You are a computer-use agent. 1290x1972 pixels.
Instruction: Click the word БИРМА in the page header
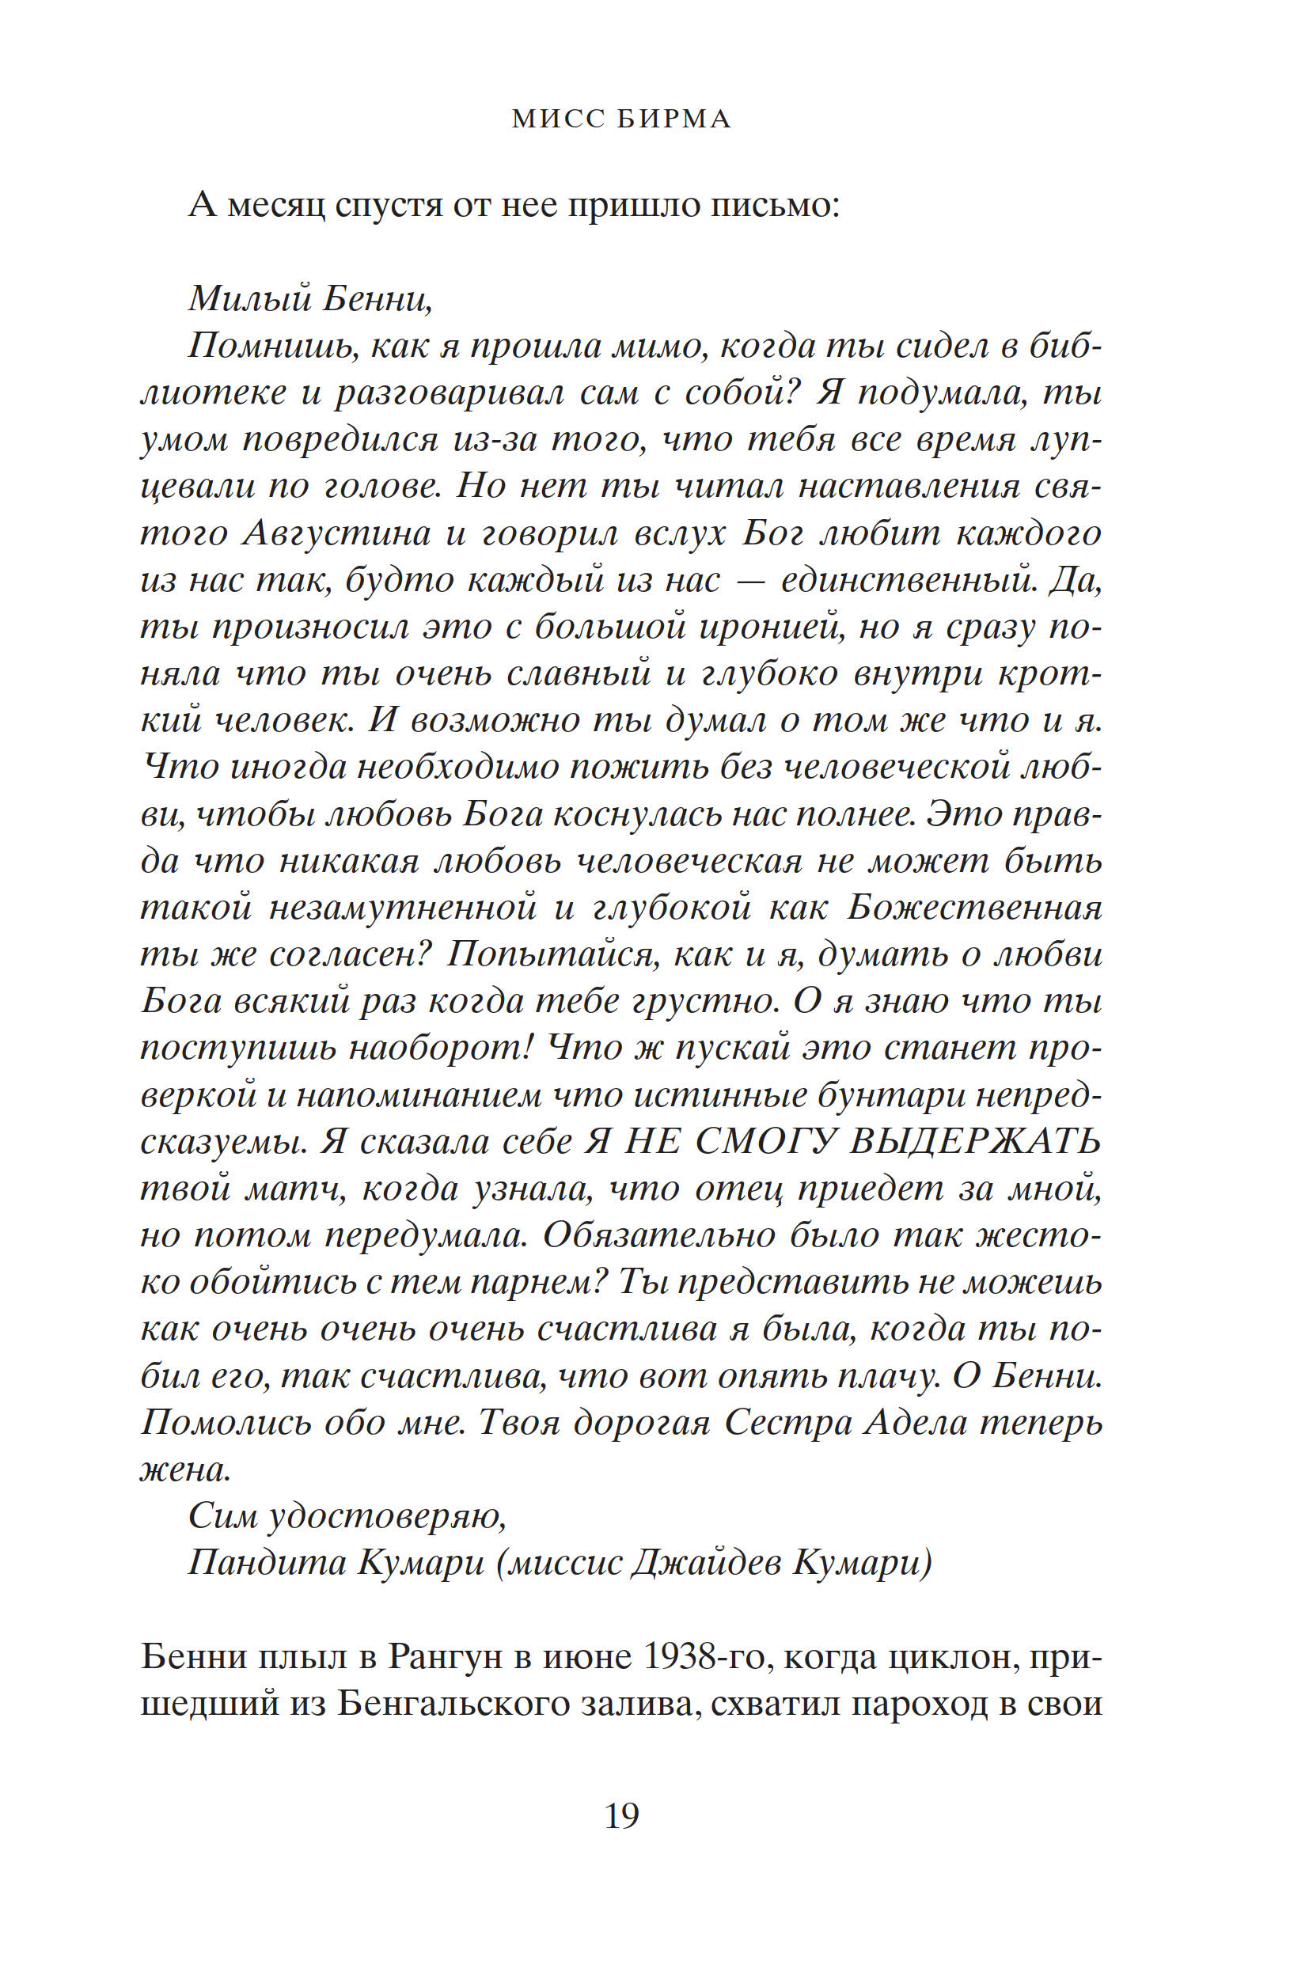pos(675,120)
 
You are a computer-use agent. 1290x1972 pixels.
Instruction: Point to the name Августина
pos(336,533)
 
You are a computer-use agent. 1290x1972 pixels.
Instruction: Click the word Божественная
pos(974,908)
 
